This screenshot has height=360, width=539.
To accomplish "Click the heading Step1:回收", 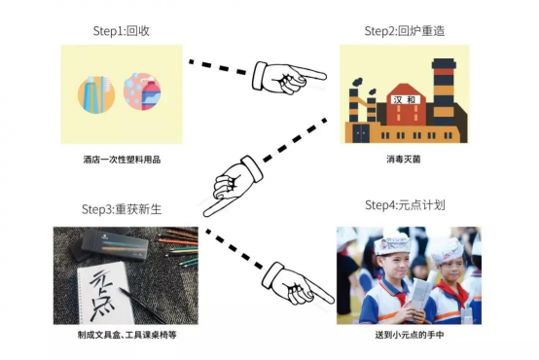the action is (122, 31).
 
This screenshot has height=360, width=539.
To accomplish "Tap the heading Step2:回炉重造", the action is (405, 31).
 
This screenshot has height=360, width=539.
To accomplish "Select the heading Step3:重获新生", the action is (122, 209).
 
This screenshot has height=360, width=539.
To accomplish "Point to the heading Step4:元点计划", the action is (405, 205).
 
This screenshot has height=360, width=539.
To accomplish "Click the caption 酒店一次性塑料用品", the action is (122, 160).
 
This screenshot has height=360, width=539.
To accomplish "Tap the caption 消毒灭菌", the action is (404, 160).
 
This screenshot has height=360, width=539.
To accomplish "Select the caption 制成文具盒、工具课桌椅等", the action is (126, 335).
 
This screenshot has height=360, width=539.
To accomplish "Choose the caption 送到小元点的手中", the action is (409, 335).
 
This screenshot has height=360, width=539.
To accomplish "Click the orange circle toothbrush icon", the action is (96, 93).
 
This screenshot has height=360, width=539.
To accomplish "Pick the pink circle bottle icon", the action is (142, 91).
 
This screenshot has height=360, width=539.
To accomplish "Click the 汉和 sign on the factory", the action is (406, 99).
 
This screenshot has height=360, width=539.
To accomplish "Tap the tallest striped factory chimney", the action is (444, 92).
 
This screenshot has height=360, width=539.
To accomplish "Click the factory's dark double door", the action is (361, 133).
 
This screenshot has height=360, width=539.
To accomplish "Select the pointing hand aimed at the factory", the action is (289, 78).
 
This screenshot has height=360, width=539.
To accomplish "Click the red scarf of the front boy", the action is (395, 292).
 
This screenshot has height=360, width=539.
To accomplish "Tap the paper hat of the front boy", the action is (392, 244).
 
